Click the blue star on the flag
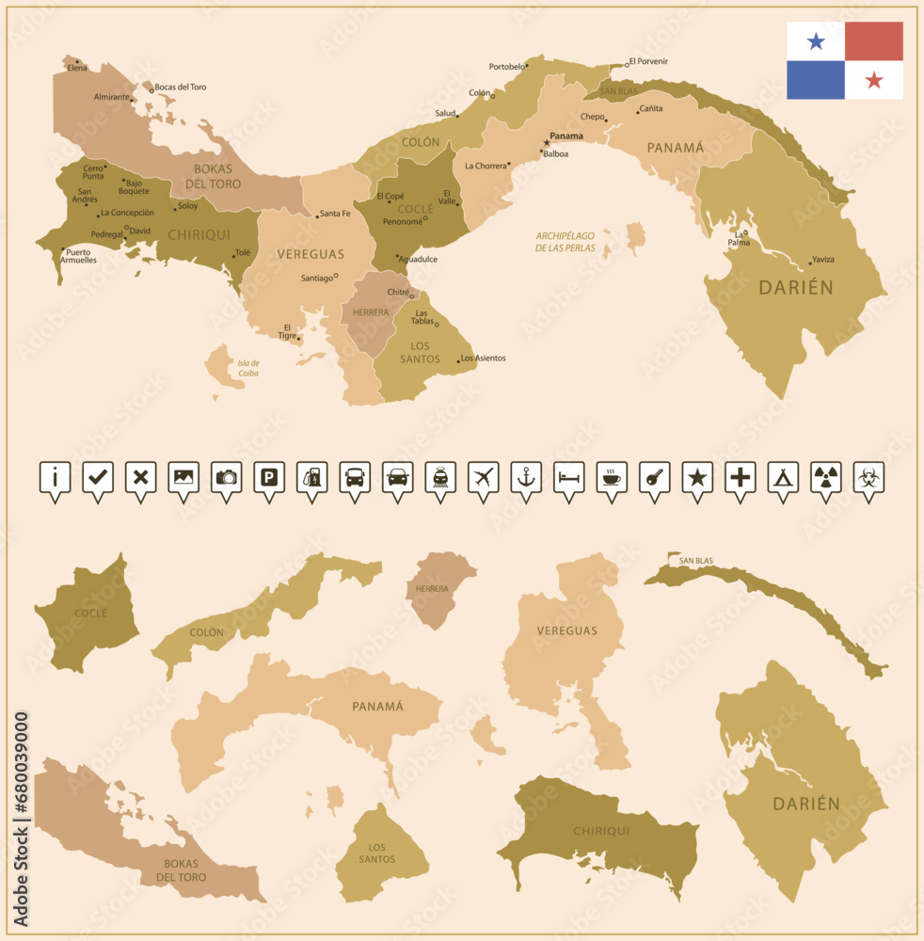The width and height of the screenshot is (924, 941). click(816, 40)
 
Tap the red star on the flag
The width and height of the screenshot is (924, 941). click(874, 80)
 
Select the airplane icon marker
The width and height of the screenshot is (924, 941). click(482, 477)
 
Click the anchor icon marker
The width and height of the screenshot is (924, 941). click(525, 477)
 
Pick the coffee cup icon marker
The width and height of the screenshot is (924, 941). click(612, 477)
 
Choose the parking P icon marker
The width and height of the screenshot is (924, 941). click(269, 477)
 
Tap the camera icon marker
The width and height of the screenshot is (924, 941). click(226, 477)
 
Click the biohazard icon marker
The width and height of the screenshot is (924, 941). click(868, 477)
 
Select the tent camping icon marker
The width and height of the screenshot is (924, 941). click(782, 477)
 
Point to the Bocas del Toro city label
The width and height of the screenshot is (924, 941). click(180, 88)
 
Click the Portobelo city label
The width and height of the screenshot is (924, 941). click(506, 67)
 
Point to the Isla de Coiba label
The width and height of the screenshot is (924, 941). click(248, 368)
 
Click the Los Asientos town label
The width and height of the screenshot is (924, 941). click(485, 359)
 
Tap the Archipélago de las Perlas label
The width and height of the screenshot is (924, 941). click(566, 242)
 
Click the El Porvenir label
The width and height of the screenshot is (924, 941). click(648, 61)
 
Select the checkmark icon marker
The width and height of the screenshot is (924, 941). click(97, 477)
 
